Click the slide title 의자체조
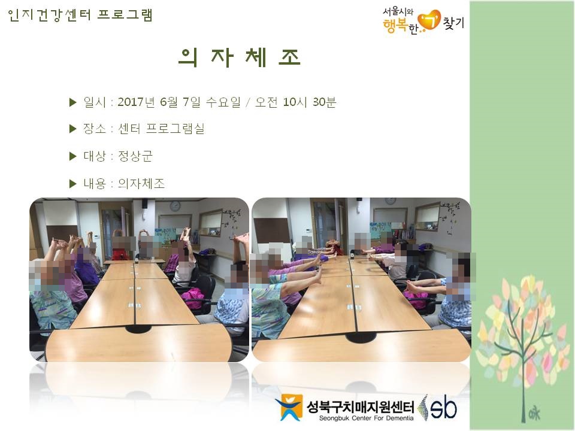coord(240,57)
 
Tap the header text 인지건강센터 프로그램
coord(80,15)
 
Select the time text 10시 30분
coord(310,102)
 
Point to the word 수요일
coord(223,102)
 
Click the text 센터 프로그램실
coord(161,129)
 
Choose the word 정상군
coord(135,156)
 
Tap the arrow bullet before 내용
coord(72,184)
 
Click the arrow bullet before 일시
coord(72,102)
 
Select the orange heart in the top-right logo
coord(429,20)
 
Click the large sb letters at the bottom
coord(443,407)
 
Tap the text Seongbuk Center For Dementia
coord(366,418)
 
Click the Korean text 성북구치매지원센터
coord(360,406)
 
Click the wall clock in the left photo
coord(175,205)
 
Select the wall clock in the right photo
coord(390,200)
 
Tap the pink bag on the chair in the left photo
coord(193,298)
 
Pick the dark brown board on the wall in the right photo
coord(272,230)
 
